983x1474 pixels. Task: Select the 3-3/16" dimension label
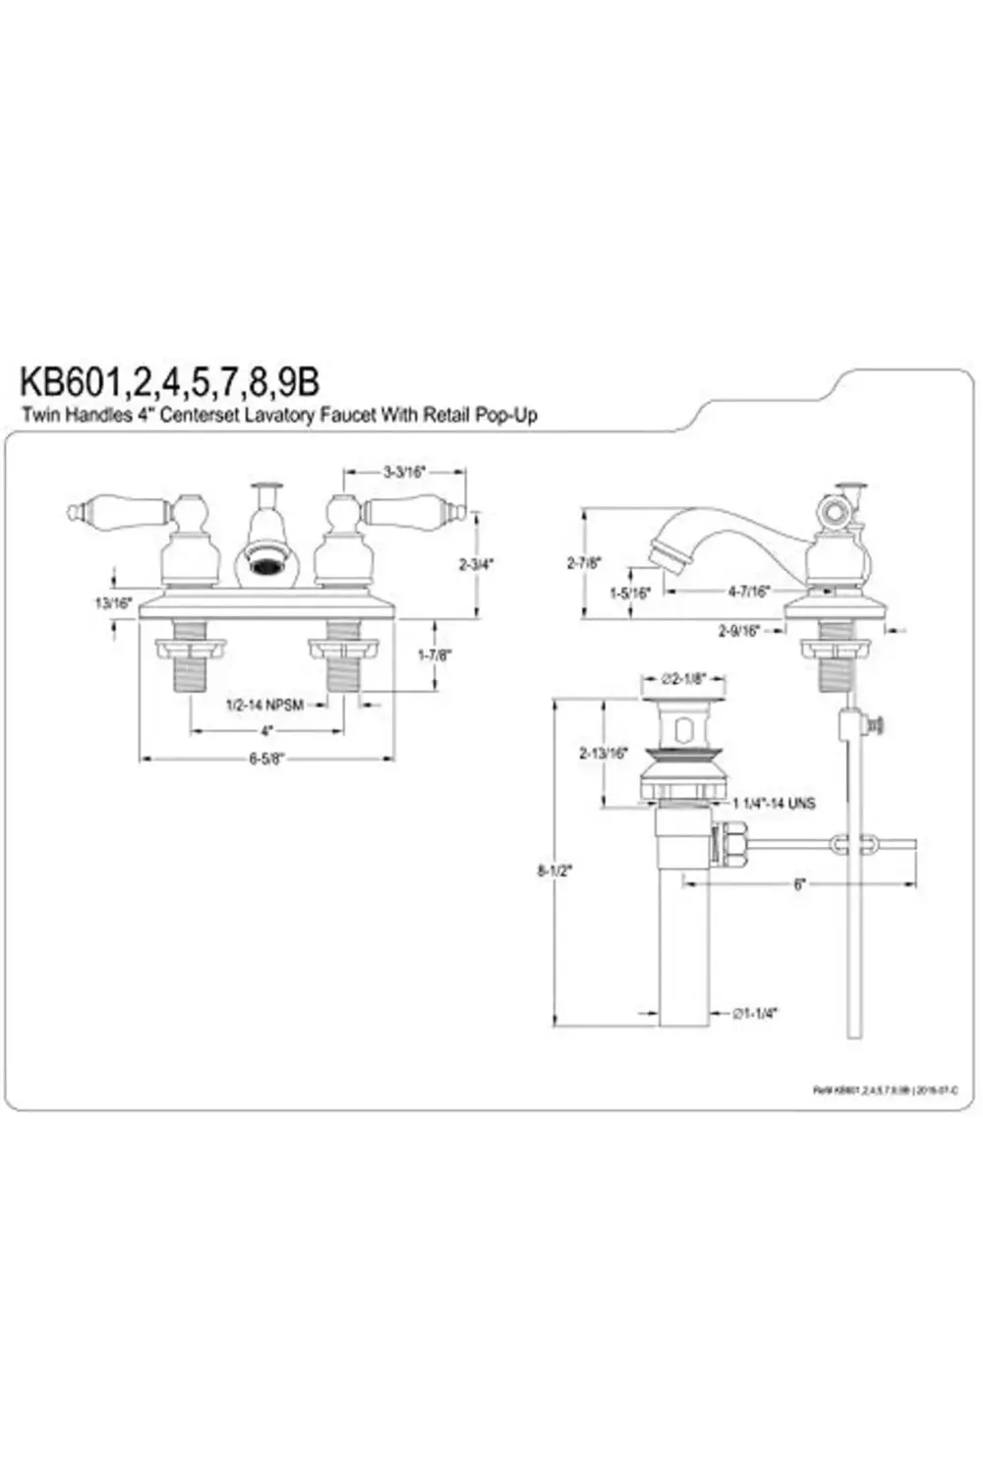[x=403, y=472]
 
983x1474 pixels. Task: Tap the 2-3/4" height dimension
[x=476, y=564]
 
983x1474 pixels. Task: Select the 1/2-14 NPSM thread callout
[x=264, y=705]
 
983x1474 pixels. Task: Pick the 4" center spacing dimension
[x=265, y=731]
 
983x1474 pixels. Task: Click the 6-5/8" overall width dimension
[x=265, y=759]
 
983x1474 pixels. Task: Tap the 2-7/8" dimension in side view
[x=584, y=563]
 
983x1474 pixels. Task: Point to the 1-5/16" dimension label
[x=629, y=593]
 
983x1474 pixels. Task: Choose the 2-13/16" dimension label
[x=603, y=753]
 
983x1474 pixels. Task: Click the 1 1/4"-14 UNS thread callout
[x=774, y=803]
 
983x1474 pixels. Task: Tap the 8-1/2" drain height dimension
[x=554, y=870]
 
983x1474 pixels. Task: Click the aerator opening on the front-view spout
[x=265, y=567]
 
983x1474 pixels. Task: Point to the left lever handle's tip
[x=74, y=511]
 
